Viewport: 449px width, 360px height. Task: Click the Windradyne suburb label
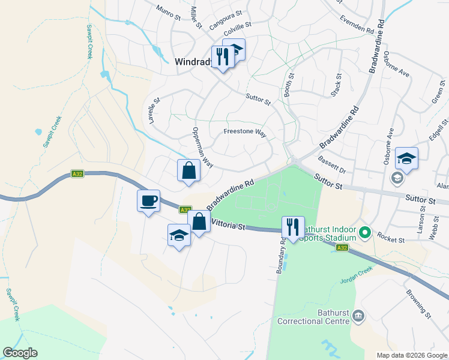(x=191, y=61)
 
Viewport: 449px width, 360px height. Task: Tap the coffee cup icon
(x=148, y=200)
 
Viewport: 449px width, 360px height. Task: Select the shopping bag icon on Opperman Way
(x=188, y=170)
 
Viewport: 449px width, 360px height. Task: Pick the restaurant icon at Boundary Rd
(x=293, y=227)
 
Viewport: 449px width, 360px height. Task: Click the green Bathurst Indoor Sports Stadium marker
(x=364, y=232)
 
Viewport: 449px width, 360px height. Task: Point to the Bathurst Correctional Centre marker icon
(x=358, y=314)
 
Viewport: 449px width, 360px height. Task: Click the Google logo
(x=20, y=353)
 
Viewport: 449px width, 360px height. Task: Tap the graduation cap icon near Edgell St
(x=406, y=158)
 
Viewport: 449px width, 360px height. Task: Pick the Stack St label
(x=336, y=85)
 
